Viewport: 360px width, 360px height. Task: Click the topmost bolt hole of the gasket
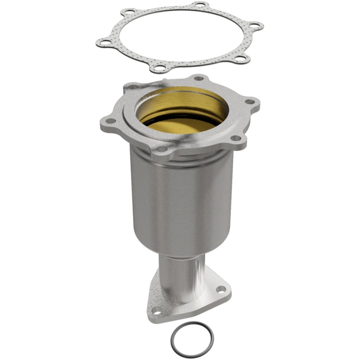(199, 5)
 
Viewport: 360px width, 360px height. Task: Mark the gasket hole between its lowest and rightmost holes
(240, 58)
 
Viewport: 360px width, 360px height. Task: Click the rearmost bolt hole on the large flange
(198, 78)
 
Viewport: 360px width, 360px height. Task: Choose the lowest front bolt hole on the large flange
(160, 148)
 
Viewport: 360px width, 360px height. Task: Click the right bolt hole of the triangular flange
(220, 289)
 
